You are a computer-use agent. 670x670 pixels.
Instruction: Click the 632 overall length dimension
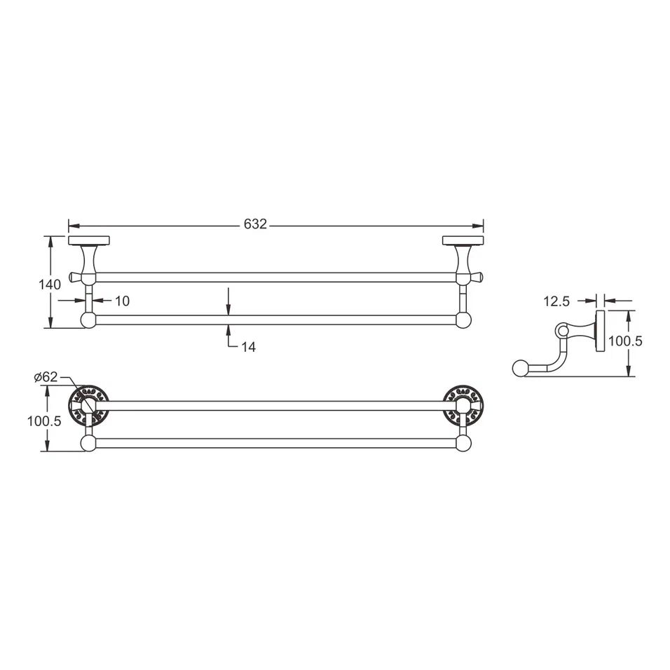[255, 224]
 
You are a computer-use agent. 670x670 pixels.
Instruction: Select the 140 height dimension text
[50, 284]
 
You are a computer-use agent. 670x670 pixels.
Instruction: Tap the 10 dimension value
[122, 301]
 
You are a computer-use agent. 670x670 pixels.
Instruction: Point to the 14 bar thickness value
[248, 347]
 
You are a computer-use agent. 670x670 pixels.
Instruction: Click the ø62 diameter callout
[46, 377]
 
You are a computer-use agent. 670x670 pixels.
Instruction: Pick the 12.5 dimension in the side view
[555, 301]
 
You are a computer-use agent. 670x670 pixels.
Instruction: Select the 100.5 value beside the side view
[624, 341]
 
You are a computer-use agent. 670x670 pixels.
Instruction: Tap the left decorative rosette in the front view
[88, 405]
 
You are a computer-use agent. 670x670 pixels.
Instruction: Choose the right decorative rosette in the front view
[463, 405]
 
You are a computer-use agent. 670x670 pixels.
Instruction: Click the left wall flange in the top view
[88, 240]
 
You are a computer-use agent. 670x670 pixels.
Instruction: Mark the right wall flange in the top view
[463, 240]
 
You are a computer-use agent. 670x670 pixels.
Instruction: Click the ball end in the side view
[520, 368]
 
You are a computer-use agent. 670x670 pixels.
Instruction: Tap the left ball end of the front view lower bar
[88, 443]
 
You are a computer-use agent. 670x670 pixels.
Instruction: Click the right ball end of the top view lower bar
[463, 320]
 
